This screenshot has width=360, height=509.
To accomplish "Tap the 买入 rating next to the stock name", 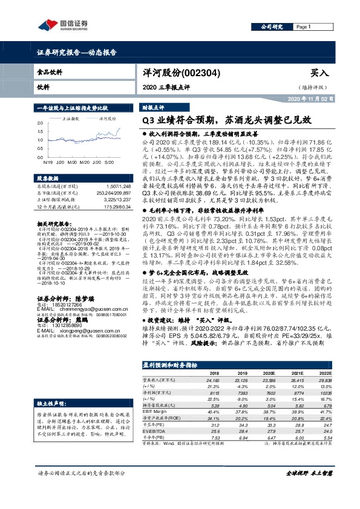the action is click(318, 71).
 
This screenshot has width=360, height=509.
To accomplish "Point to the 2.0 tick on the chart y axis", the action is click(40, 123).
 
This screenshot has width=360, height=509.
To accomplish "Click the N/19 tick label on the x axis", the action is click(48, 163).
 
